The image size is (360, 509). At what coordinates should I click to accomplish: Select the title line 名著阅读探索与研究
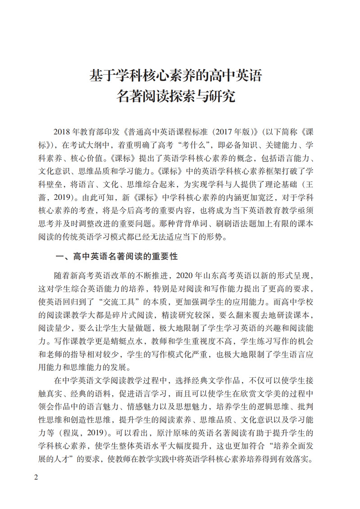pos(176,96)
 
